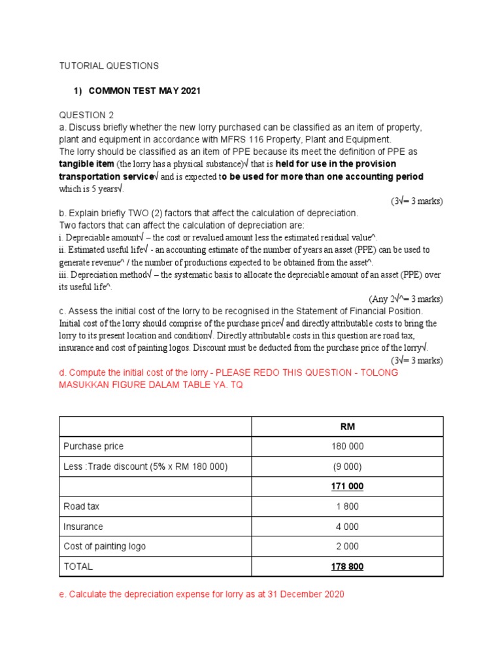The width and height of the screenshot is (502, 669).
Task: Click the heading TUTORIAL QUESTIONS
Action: click(109, 66)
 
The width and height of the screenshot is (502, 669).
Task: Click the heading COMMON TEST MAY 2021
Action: click(144, 91)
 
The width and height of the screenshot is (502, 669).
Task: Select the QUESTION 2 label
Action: click(86, 115)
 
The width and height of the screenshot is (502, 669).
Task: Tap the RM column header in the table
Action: click(347, 427)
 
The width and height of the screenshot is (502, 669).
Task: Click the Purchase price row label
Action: click(93, 446)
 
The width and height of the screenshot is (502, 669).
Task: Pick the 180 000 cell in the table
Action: click(347, 446)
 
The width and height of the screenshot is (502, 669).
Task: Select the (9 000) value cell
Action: click(347, 466)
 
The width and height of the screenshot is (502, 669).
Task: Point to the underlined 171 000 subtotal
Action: click(347, 487)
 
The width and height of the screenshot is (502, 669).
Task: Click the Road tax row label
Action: click(81, 506)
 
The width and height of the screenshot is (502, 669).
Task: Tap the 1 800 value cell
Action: click(347, 506)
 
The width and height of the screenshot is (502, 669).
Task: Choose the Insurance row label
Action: click(83, 527)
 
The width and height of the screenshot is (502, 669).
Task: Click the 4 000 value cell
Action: click(347, 527)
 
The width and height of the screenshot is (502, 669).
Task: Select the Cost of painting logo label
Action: click(105, 546)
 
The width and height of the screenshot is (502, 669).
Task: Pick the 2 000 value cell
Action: click(347, 546)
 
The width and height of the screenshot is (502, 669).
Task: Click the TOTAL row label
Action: click(78, 566)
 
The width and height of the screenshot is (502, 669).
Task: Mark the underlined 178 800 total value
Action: click(347, 566)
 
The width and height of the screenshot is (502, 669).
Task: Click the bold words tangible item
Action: click(86, 163)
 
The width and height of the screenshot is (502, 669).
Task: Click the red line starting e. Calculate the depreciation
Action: click(201, 595)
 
